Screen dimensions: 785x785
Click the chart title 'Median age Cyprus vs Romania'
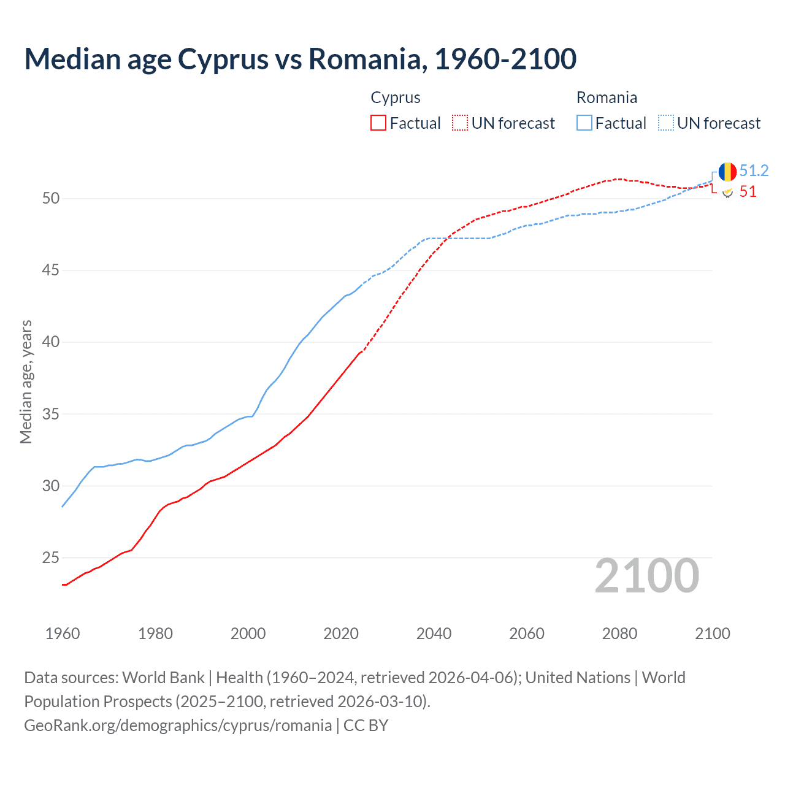point(300,59)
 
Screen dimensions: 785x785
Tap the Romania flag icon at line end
point(727,172)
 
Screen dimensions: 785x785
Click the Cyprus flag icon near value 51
point(727,193)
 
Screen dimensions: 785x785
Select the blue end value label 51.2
point(754,171)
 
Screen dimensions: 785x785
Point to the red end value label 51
point(748,192)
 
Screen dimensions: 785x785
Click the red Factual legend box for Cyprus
point(378,123)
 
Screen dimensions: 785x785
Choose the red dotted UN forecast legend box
point(460,123)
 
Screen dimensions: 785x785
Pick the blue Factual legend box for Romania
point(584,123)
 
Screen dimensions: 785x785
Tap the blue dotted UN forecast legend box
point(665,123)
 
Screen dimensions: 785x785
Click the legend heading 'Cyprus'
point(396,98)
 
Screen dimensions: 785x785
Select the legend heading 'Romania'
point(607,98)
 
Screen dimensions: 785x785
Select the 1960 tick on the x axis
point(63,634)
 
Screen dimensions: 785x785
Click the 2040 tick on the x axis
point(434,634)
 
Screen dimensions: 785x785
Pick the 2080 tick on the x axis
point(619,634)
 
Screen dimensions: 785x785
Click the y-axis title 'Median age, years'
point(26,381)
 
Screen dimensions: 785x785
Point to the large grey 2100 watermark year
point(646,576)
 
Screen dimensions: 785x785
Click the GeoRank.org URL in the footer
point(178,726)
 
